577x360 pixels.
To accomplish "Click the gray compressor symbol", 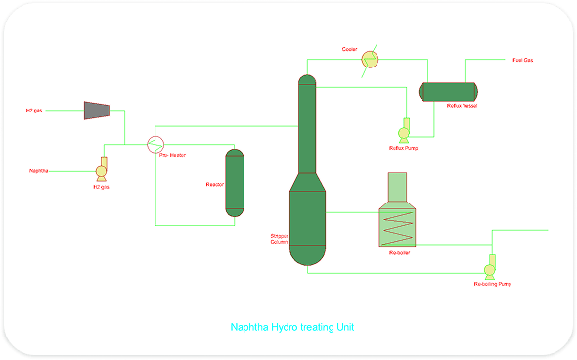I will [x=96, y=109].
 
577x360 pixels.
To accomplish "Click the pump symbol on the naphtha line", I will [x=102, y=169].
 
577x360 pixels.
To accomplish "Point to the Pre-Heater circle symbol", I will [x=155, y=143].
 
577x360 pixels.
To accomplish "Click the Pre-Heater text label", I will [x=172, y=156].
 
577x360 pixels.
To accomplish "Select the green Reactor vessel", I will [x=234, y=182].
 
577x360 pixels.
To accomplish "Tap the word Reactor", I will [x=215, y=184].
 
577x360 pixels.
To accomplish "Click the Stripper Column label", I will [x=279, y=239].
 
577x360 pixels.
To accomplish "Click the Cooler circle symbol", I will [x=370, y=60].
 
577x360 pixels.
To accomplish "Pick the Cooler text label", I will [x=350, y=48].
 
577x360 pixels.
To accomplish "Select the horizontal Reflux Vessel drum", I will [x=447, y=91].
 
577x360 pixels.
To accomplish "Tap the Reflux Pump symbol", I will [x=404, y=132].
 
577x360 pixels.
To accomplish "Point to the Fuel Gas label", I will [x=523, y=60].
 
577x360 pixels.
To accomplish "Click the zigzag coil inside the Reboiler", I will [x=397, y=227].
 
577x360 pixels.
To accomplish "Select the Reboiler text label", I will [x=399, y=253].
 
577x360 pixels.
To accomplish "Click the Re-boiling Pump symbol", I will [x=489, y=268].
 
